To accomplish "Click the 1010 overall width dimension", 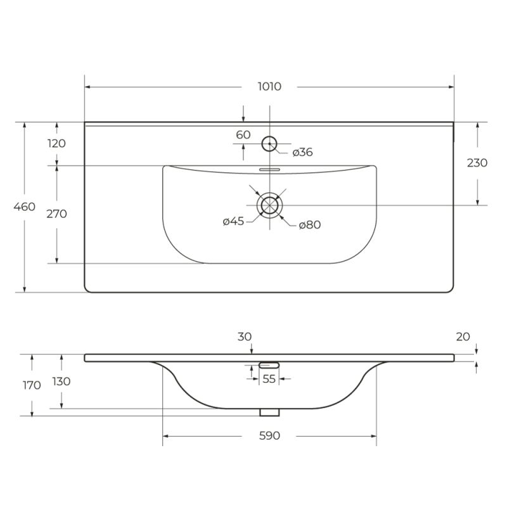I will coord(269,87).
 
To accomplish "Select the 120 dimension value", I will coord(56,143).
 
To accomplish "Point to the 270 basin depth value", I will coord(56,214).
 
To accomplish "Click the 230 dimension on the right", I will coord(477,163).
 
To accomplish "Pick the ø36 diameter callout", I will coord(303,152).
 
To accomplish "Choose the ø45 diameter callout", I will coord(234,221).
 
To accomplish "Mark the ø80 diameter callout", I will coord(309,224).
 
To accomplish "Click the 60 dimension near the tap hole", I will coord(243,134).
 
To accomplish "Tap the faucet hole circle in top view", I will coord(270,143).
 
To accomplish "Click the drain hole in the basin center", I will coord(270,205).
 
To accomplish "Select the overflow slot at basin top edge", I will coord(270,169).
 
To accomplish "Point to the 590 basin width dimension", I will coord(269,436).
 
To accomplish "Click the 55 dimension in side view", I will coord(269,379).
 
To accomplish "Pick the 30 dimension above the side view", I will coord(245,337).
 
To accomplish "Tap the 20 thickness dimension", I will coord(463,337).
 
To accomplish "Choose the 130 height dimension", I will coord(61,382).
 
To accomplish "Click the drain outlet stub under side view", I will coord(269,412).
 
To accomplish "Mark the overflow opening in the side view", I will coord(269,364).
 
